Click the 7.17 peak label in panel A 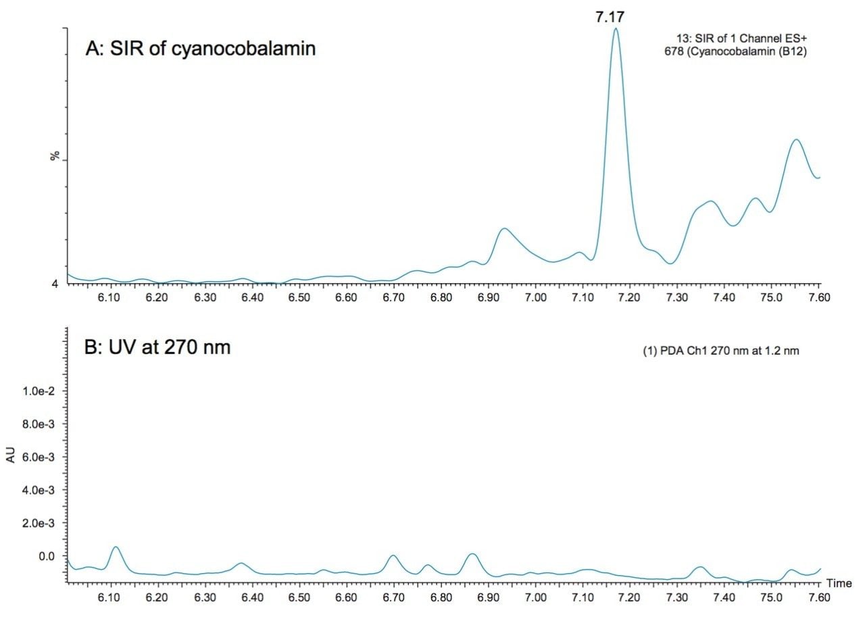(610, 16)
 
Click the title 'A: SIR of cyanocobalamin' (201, 49)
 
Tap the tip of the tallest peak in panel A (615, 29)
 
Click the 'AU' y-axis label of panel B (11, 456)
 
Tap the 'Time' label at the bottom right (838, 583)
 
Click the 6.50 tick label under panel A (299, 298)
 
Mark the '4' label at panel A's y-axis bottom (55, 284)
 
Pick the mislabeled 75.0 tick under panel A (772, 298)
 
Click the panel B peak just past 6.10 (116, 547)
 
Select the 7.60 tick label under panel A (818, 298)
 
